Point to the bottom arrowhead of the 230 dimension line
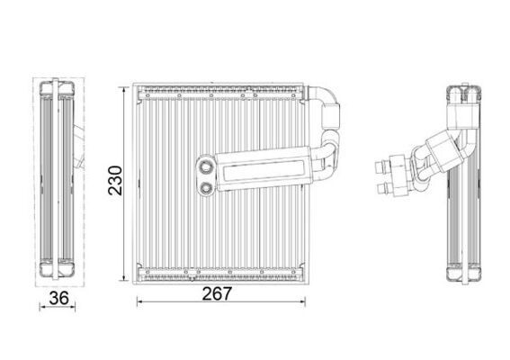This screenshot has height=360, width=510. (x=122, y=274)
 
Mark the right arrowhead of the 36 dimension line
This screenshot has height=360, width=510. (x=76, y=305)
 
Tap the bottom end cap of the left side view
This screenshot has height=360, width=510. (x=58, y=266)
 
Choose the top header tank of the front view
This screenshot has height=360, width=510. (x=220, y=90)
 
